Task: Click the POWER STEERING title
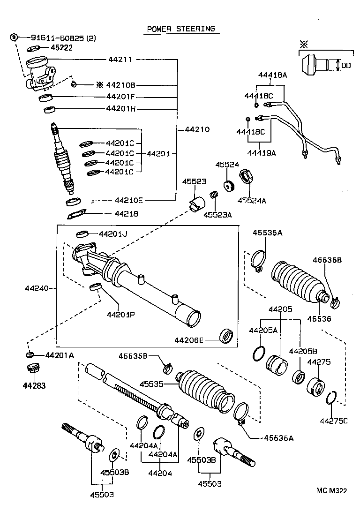[x=181, y=29]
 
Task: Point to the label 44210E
[x=129, y=200]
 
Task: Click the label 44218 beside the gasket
[x=126, y=214]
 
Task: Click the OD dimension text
[x=346, y=66]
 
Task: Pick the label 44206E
[x=189, y=339]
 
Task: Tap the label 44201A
[x=60, y=355]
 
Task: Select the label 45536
[x=319, y=318]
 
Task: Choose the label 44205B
[x=303, y=351]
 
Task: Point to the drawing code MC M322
[x=331, y=491]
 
